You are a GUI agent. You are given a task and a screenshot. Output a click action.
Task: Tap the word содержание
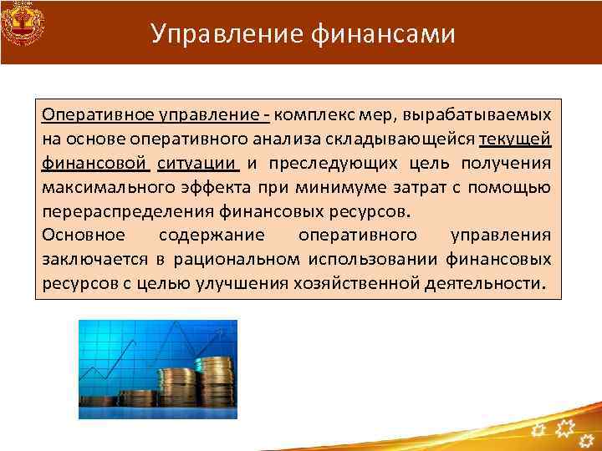(222, 235)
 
